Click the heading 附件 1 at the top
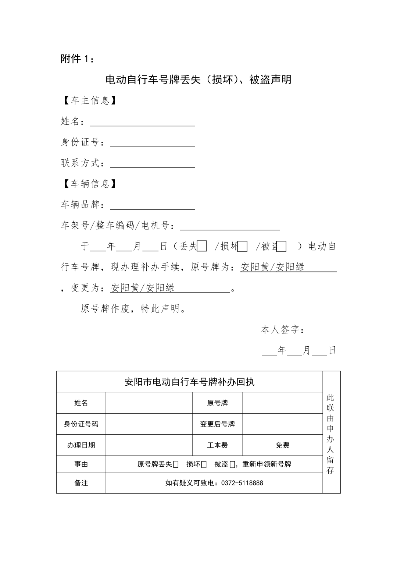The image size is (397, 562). pos(77,59)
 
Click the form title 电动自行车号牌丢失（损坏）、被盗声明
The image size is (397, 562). pos(198,79)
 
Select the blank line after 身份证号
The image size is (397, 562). pos(153,143)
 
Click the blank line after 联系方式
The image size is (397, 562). pos(153,164)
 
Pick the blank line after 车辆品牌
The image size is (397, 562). pos(153,205)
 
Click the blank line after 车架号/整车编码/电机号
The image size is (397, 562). pos(230,226)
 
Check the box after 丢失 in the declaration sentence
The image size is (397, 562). pos(202,246)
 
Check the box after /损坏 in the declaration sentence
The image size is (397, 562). pos(243,246)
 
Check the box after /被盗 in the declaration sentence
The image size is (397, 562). pos(282,246)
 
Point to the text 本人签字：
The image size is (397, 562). pos(282,330)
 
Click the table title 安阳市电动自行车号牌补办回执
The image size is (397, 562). pos(190,382)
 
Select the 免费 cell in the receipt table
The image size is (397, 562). pos(283,445)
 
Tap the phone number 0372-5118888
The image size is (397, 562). pos(242,483)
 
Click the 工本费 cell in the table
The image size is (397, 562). pos(217,445)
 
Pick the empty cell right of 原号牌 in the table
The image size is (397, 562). pos(283,403)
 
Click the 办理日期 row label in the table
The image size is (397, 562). pos(81,445)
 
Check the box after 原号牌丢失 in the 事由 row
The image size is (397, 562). pos(176,464)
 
